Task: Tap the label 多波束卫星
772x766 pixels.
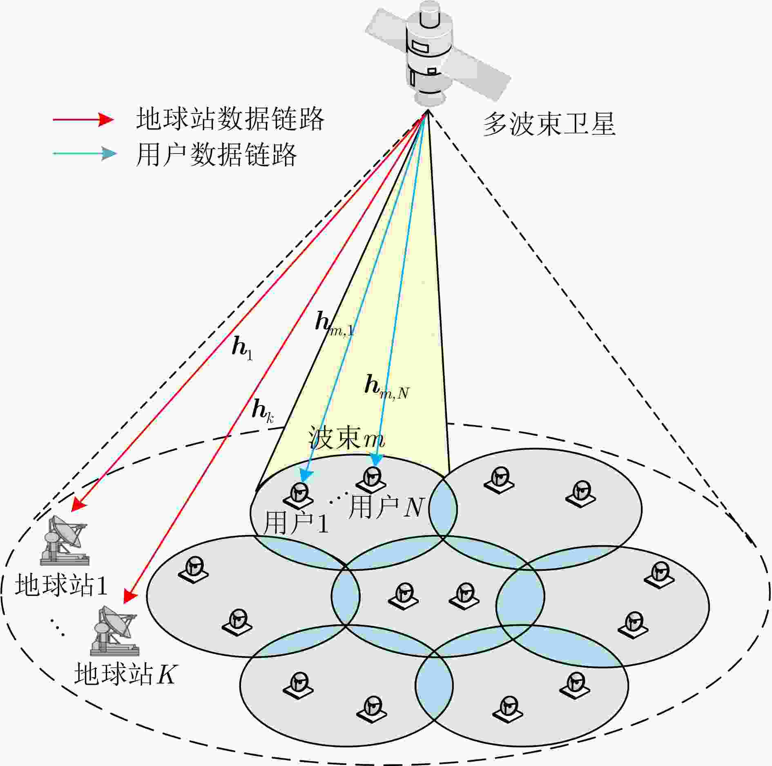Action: click(x=549, y=124)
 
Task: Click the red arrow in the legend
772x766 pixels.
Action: click(x=83, y=119)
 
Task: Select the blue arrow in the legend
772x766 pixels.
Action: click(x=85, y=154)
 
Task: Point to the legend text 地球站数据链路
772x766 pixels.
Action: click(x=230, y=119)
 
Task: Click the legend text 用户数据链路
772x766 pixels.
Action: click(x=216, y=154)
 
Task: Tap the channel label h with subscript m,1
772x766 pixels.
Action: click(x=335, y=324)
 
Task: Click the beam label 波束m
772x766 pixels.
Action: click(x=346, y=438)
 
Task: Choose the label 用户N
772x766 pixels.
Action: click(x=386, y=508)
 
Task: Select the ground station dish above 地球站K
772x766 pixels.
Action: click(x=115, y=631)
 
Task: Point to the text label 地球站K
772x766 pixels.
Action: click(x=125, y=674)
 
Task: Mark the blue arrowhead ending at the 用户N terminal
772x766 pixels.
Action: click(x=376, y=460)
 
